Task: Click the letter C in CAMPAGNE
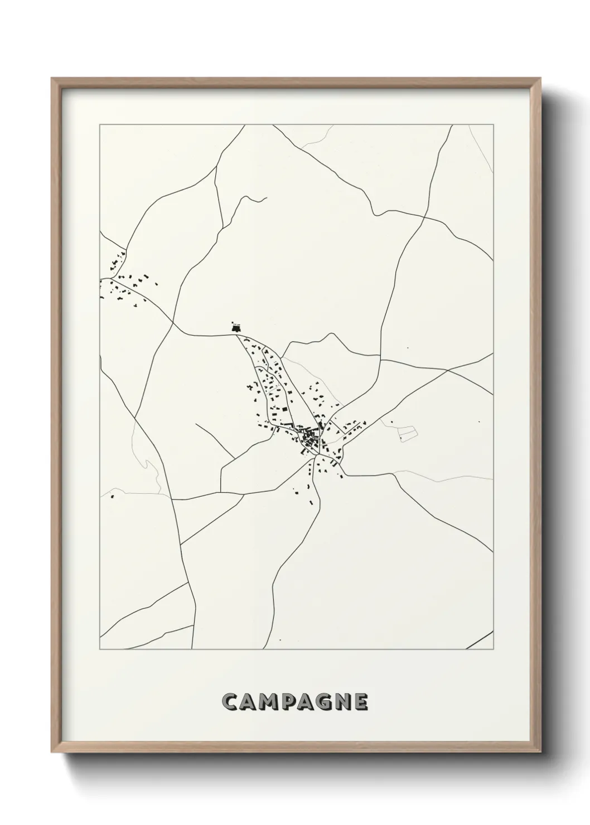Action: [230, 702]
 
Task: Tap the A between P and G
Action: [307, 702]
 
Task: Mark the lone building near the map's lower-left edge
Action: [112, 496]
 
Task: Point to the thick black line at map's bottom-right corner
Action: [480, 640]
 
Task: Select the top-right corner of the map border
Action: [493, 125]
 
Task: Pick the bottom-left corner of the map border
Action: [100, 649]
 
